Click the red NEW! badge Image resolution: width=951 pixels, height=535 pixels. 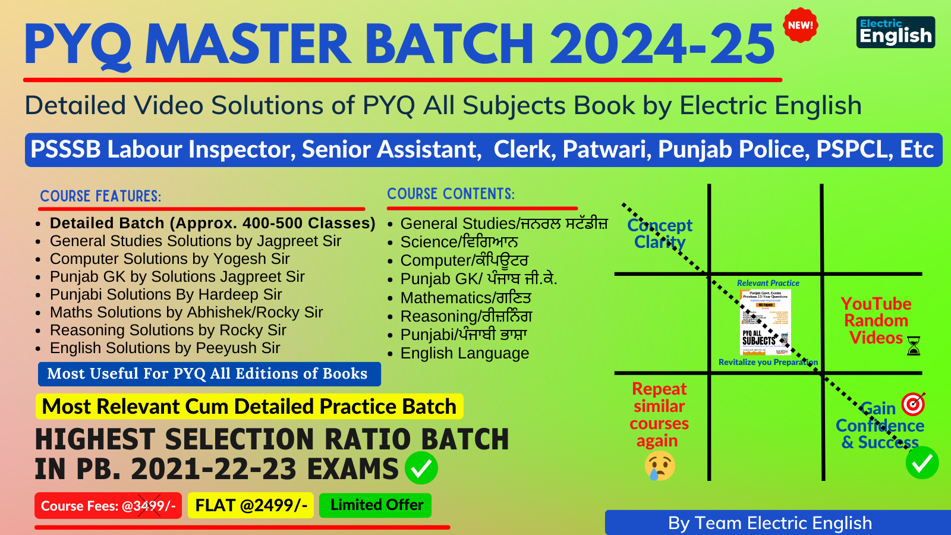pyautogui.click(x=800, y=26)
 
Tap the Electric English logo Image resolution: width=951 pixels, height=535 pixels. pyautogui.click(x=896, y=32)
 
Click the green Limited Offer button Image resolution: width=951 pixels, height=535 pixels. pyautogui.click(x=376, y=505)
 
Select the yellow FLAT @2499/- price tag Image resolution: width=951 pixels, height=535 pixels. pyautogui.click(x=251, y=505)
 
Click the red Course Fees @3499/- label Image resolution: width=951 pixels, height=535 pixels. pyautogui.click(x=108, y=506)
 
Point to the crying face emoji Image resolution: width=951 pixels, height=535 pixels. pyautogui.click(x=660, y=465)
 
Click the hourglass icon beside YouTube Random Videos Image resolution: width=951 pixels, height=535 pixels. pyautogui.click(x=914, y=345)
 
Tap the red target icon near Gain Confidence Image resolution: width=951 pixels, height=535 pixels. pyautogui.click(x=914, y=404)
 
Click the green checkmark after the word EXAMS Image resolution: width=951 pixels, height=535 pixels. pyautogui.click(x=421, y=468)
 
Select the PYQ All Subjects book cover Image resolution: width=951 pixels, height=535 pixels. pyautogui.click(x=766, y=322)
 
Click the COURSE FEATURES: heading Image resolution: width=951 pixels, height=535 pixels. pyautogui.click(x=100, y=196)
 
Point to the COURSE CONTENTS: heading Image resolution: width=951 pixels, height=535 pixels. pyautogui.click(x=451, y=194)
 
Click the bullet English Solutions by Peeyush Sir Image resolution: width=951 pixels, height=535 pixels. pyautogui.click(x=165, y=348)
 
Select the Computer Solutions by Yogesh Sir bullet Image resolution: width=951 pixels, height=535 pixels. pyautogui.click(x=169, y=259)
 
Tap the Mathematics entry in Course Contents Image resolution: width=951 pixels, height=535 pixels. pyautogui.click(x=465, y=297)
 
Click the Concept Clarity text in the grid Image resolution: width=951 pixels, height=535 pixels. pyautogui.click(x=660, y=234)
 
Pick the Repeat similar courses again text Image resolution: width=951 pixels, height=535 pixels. pyautogui.click(x=659, y=415)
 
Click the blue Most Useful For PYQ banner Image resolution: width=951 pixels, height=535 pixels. pyautogui.click(x=209, y=374)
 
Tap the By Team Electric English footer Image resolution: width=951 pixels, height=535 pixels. pyautogui.click(x=770, y=523)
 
